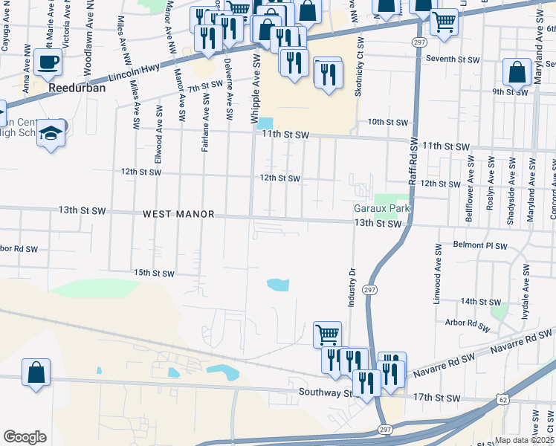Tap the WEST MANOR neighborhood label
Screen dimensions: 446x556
point(178,214)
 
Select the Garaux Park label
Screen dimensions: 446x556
point(381,210)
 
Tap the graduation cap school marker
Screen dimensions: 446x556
point(51,134)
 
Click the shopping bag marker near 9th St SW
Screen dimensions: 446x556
point(517,73)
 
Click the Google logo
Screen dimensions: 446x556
point(25,437)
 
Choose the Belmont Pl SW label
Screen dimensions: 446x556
point(479,245)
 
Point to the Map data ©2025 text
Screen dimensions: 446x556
point(524,440)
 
